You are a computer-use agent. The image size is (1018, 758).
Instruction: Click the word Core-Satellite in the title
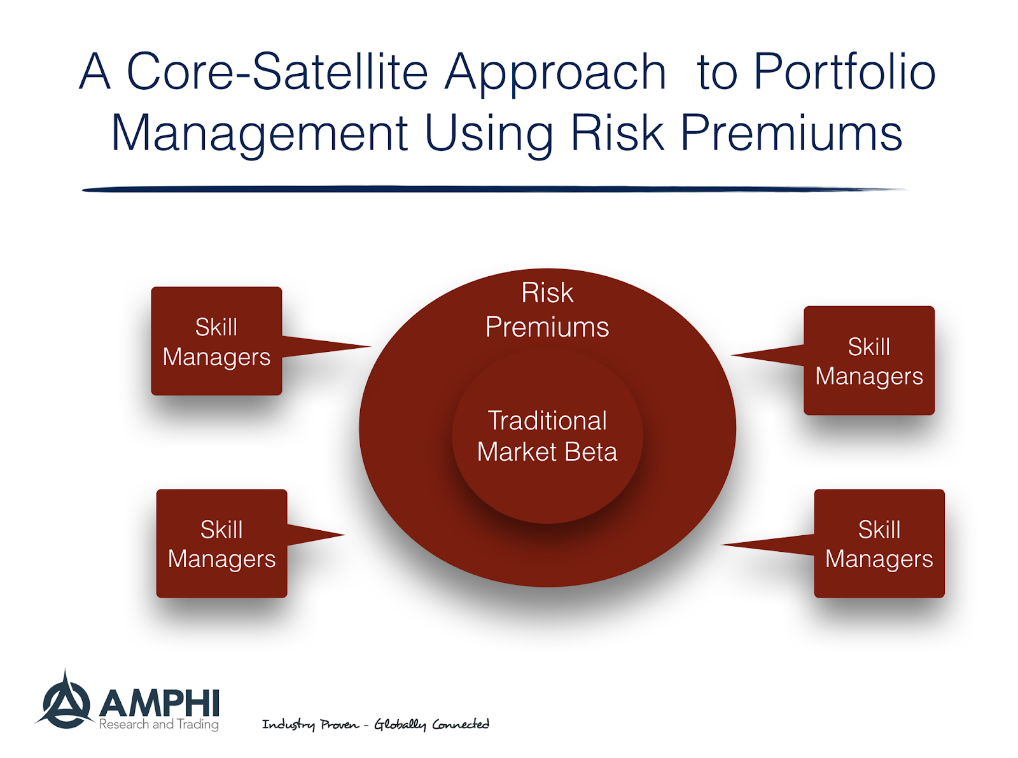point(277,71)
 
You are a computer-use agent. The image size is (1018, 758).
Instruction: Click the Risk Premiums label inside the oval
point(547,311)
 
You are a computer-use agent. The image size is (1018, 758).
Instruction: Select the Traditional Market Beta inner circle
point(547,437)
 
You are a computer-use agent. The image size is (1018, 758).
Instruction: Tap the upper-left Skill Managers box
point(216,342)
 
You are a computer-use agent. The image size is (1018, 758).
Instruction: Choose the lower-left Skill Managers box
point(221,544)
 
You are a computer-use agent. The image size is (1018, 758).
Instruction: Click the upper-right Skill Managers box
point(869,361)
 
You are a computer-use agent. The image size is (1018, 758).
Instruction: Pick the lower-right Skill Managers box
point(879,544)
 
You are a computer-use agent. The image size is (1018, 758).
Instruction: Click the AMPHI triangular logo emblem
point(65,703)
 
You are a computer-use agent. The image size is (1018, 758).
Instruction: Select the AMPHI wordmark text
point(159,704)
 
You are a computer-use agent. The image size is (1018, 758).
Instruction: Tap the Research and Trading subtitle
point(159,725)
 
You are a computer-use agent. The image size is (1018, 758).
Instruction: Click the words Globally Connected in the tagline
point(431,724)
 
